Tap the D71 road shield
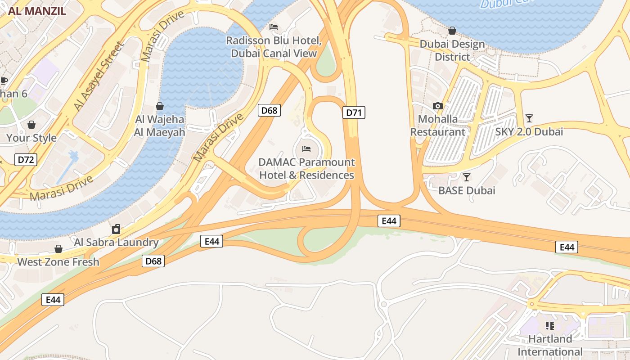[x=354, y=112]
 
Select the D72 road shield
[x=26, y=159]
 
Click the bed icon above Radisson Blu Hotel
[x=273, y=27]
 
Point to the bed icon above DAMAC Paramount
[x=306, y=148]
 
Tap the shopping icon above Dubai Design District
[x=452, y=31]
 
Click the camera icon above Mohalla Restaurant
[x=437, y=106]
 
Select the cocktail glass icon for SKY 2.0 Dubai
[x=529, y=118]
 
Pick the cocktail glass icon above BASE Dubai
[x=467, y=177]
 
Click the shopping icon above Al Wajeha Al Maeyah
[x=159, y=106]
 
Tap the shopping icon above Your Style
[x=31, y=125]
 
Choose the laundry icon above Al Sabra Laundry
[x=116, y=229]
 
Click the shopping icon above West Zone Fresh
[x=58, y=249]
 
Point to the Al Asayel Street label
[x=99, y=76]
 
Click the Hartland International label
[x=550, y=345]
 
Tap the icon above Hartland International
[x=549, y=325]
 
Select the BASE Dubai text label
[x=467, y=190]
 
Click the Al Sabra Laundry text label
[x=116, y=243]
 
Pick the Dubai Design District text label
[x=452, y=50]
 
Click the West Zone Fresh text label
[x=58, y=262]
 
